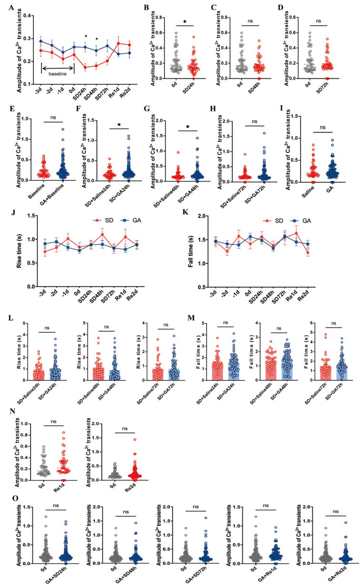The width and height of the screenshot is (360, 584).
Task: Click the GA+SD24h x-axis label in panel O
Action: click(60, 576)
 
